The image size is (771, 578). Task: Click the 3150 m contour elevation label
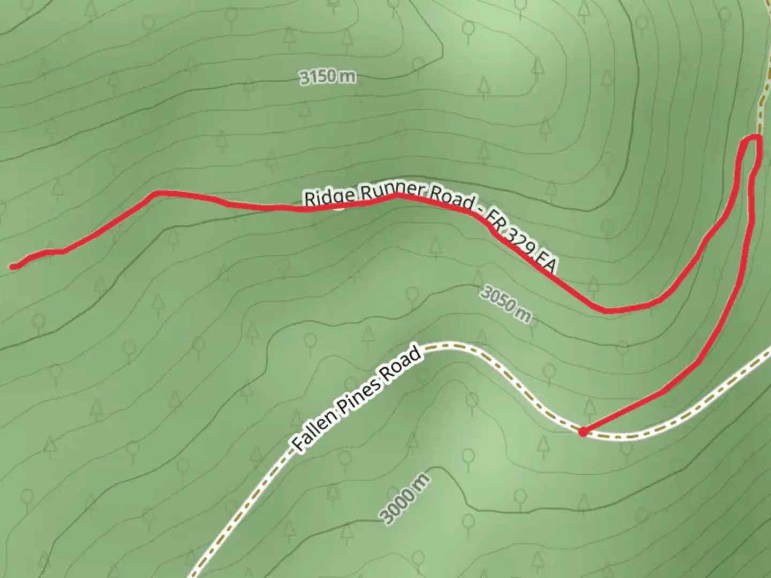pos(327,77)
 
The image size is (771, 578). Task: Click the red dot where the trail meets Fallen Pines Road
pos(582,431)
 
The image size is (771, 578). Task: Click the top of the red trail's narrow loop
pos(752,138)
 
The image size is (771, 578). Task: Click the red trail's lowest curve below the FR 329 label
pos(608,310)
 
